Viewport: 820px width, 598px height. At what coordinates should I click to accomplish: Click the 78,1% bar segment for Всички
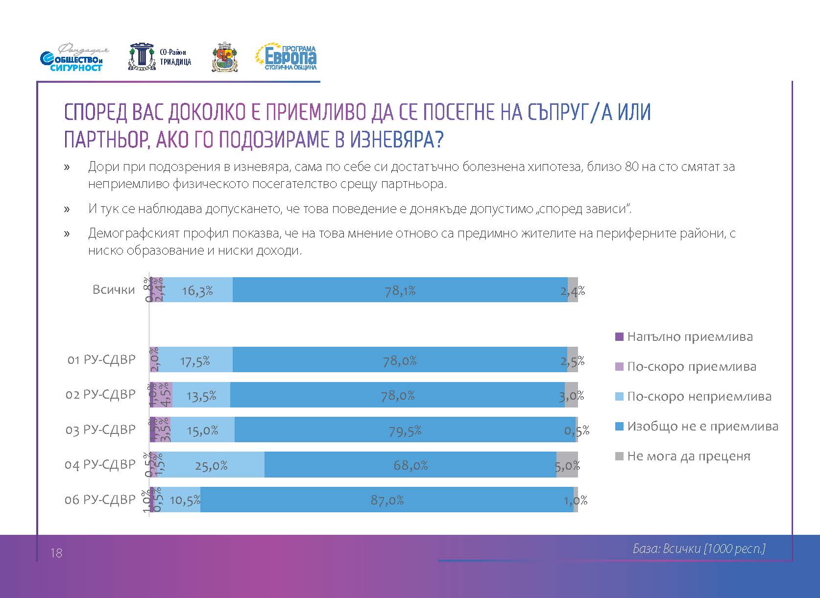pyautogui.click(x=400, y=290)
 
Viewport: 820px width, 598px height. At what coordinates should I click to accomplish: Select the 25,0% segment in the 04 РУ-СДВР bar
pyautogui.click(x=211, y=465)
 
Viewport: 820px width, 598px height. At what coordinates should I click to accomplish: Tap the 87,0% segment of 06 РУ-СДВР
pyautogui.click(x=387, y=500)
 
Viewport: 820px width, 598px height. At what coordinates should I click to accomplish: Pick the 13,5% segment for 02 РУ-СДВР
pyautogui.click(x=201, y=395)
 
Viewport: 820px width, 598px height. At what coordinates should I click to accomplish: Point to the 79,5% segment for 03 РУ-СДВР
pyautogui.click(x=405, y=430)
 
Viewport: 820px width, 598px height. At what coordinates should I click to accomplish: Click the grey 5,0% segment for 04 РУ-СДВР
pyautogui.click(x=567, y=465)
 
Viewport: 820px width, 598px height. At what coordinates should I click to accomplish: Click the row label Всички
pyautogui.click(x=114, y=289)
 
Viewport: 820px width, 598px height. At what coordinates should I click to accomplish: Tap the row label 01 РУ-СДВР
pyautogui.click(x=101, y=360)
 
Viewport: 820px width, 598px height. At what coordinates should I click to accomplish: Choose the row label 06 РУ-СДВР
pyautogui.click(x=100, y=500)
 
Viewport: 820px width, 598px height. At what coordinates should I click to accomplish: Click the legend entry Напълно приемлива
pyautogui.click(x=690, y=337)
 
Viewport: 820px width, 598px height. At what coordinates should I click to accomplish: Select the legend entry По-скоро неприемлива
pyautogui.click(x=699, y=397)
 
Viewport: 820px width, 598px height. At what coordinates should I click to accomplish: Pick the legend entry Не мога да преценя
pyautogui.click(x=688, y=456)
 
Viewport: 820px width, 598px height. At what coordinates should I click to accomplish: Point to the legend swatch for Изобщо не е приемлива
pyautogui.click(x=619, y=427)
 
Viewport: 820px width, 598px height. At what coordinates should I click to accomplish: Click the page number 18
pyautogui.click(x=56, y=553)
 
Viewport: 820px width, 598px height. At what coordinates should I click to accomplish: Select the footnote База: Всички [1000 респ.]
pyautogui.click(x=699, y=549)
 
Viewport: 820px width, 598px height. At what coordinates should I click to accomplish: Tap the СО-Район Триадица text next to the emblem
pyautogui.click(x=175, y=57)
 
